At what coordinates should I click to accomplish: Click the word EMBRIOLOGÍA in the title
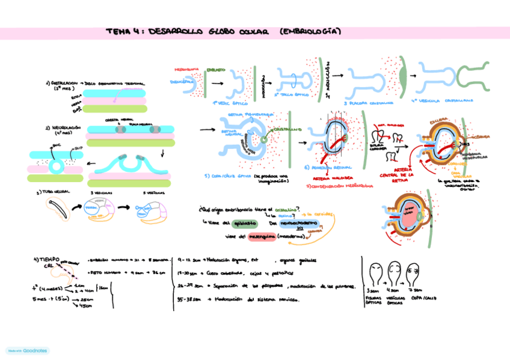[x=311, y=31]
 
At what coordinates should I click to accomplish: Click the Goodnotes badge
[x=27, y=350]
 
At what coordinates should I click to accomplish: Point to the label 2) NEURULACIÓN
[x=62, y=128]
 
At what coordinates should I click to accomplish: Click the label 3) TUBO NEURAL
[x=54, y=192]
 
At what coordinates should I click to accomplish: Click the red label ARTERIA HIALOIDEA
[x=331, y=178]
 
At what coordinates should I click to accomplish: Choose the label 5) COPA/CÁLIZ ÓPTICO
[x=229, y=176]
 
